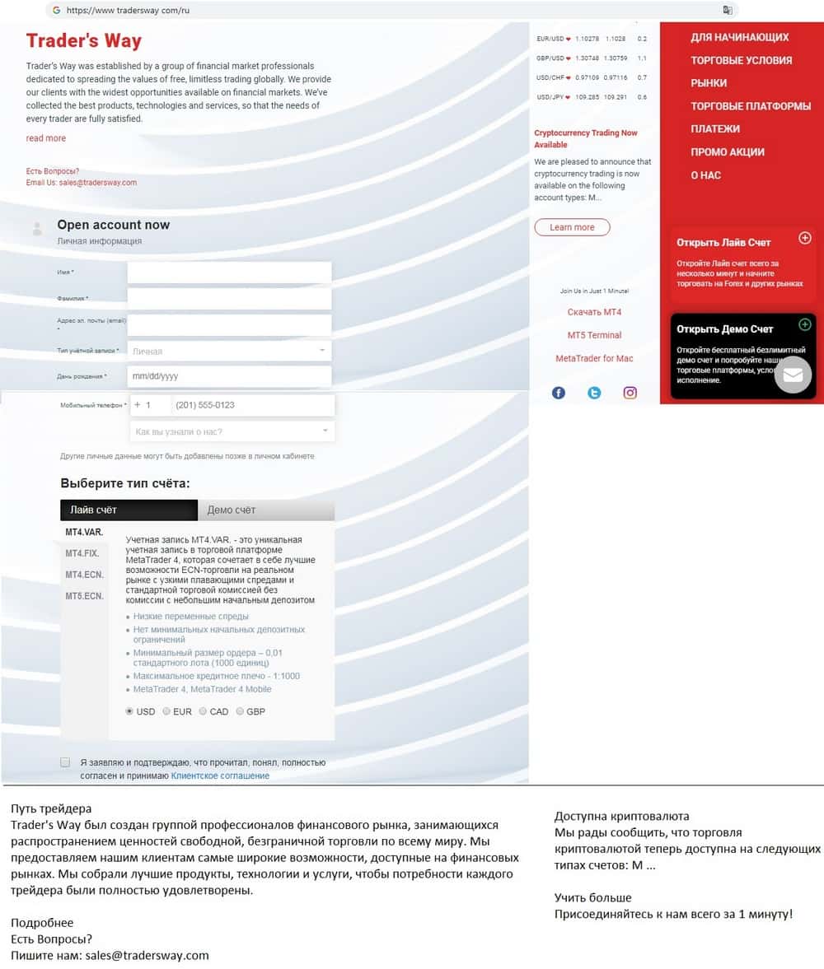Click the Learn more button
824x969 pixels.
(572, 227)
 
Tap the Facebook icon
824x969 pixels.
(559, 393)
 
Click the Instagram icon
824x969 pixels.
(630, 393)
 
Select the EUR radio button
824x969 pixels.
(167, 711)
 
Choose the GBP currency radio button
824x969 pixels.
(240, 711)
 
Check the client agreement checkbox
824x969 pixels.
(65, 762)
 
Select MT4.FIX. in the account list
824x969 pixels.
(82, 553)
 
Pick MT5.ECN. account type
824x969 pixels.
(84, 596)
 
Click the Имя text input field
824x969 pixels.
(229, 273)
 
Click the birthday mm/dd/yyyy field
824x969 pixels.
(229, 376)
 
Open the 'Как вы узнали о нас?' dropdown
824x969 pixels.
(232, 431)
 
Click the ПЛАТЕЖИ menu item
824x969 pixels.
(715, 128)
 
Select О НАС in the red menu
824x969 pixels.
(705, 175)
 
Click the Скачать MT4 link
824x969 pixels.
(594, 312)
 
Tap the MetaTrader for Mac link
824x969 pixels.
(594, 358)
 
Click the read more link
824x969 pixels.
(46, 138)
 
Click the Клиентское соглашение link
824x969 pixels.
(220, 776)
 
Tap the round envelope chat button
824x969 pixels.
(792, 375)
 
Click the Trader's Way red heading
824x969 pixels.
(84, 41)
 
